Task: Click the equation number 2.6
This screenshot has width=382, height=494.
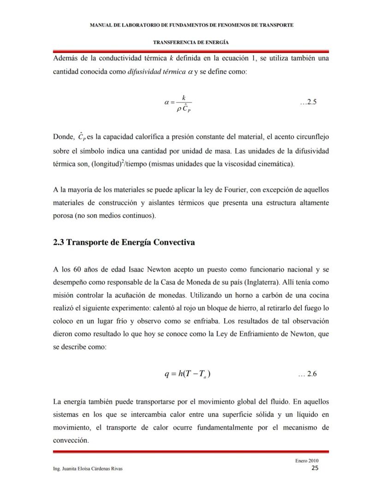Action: click(308, 374)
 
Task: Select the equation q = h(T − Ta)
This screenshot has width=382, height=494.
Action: click(188, 374)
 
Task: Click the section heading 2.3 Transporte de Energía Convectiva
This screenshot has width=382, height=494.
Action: click(124, 243)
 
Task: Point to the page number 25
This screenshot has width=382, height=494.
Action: click(315, 468)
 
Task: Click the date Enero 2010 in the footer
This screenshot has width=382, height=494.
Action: click(307, 461)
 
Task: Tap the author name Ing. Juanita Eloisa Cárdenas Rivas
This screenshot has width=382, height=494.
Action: click(88, 469)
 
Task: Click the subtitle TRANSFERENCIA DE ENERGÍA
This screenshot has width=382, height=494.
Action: click(191, 42)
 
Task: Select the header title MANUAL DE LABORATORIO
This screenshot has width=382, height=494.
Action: click(191, 25)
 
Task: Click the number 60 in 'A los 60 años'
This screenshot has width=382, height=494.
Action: click(78, 269)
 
